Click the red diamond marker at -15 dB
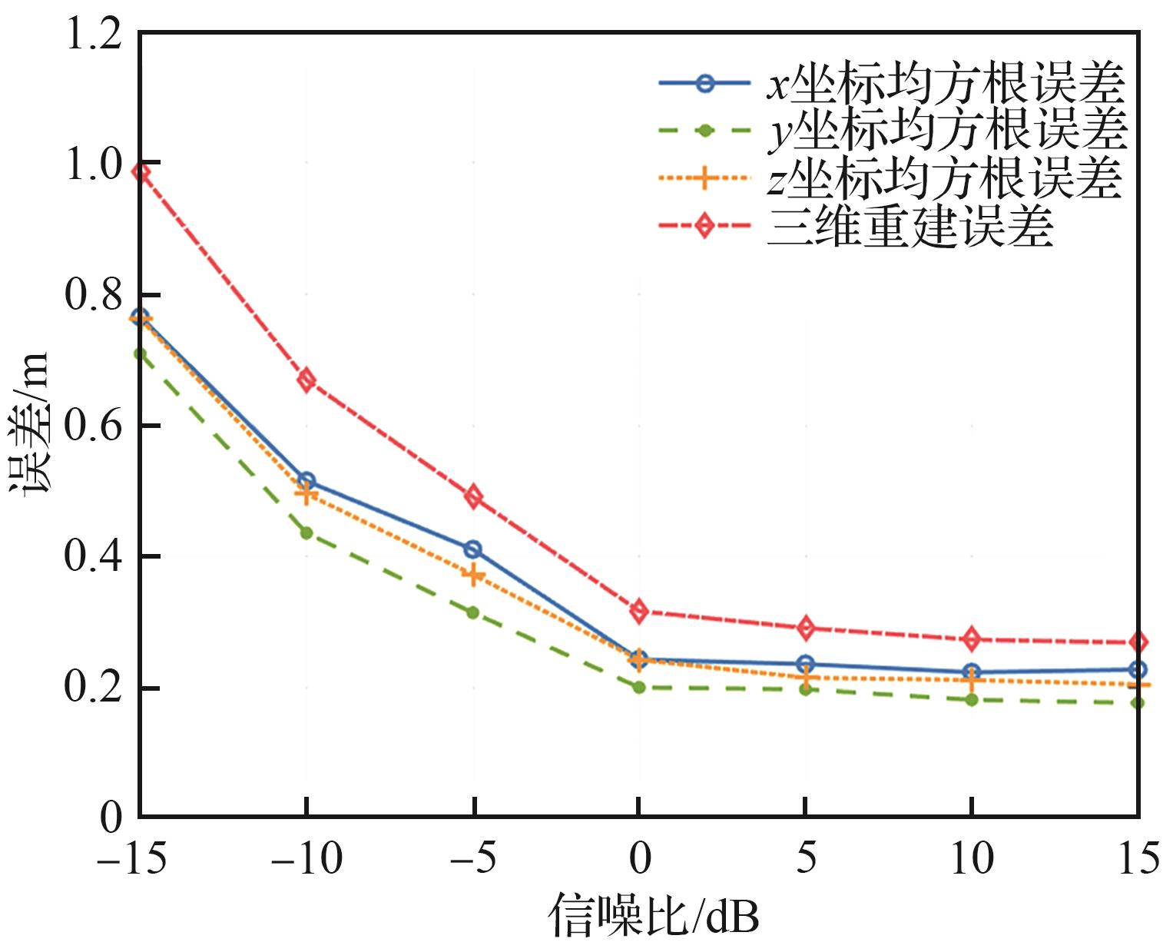[x=141, y=172]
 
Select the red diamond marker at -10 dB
[x=307, y=380]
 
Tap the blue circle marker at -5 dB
[x=472, y=549]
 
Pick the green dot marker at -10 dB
[x=307, y=532]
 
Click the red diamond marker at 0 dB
[x=638, y=612]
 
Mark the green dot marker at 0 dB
[x=638, y=687]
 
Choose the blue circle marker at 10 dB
[x=972, y=672]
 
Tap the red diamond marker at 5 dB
[x=805, y=628]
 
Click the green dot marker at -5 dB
[x=472, y=612]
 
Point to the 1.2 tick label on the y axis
[x=94, y=35]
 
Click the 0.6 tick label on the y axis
[x=94, y=426]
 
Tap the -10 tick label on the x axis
[x=307, y=858]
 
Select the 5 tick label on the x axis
[x=805, y=858]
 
